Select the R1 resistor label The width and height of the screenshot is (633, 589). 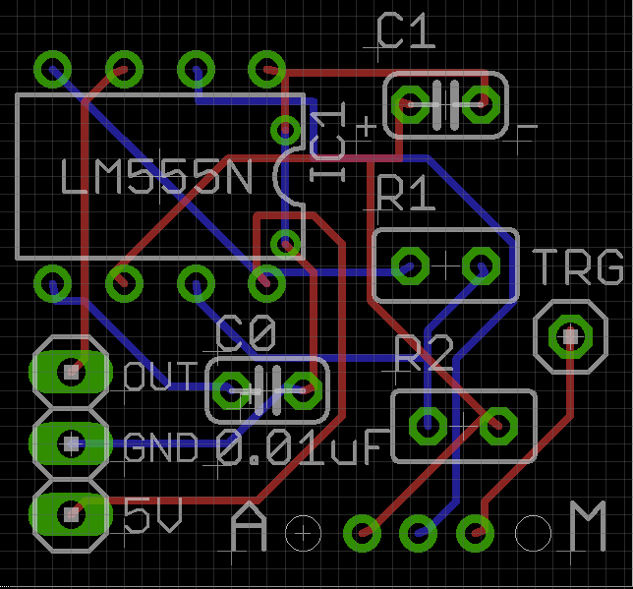click(x=405, y=194)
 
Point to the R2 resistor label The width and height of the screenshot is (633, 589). click(x=425, y=354)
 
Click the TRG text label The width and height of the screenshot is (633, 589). click(x=579, y=267)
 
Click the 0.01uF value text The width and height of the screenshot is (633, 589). click(x=299, y=449)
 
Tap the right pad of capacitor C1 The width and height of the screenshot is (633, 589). click(x=482, y=102)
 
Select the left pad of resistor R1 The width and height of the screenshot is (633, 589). click(x=407, y=265)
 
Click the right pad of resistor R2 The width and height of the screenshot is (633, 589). click(x=498, y=426)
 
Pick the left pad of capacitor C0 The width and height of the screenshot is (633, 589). click(x=233, y=390)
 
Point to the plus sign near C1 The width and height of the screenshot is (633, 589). click(x=366, y=126)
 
